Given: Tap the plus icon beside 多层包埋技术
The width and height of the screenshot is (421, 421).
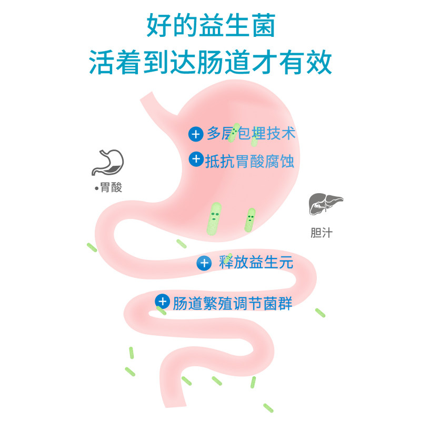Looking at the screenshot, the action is point(196,134).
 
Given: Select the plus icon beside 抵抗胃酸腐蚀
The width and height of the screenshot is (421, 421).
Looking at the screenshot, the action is point(196,159).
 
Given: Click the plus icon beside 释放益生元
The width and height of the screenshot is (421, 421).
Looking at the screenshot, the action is point(204,262).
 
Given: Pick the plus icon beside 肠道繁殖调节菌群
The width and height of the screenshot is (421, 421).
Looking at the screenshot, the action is point(163,302).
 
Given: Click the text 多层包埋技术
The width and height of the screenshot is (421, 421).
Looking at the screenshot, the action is point(251,134).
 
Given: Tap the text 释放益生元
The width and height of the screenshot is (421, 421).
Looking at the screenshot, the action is point(255,262).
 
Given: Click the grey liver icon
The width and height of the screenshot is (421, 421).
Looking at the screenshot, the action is point(325,205).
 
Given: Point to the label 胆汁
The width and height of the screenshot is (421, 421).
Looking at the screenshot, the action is point(321,233).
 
